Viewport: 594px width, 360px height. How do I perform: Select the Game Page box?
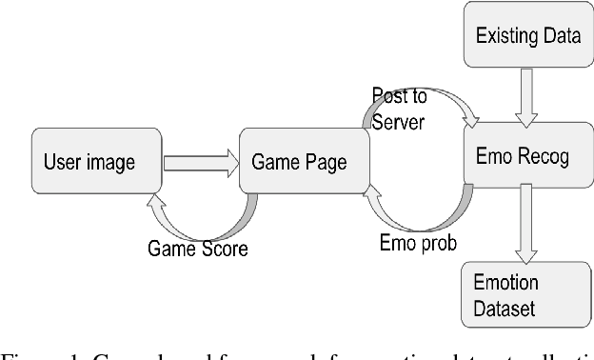point(299,162)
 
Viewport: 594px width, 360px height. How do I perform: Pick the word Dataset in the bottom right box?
point(505,309)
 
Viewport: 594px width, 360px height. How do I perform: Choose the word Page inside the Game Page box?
point(323,162)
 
